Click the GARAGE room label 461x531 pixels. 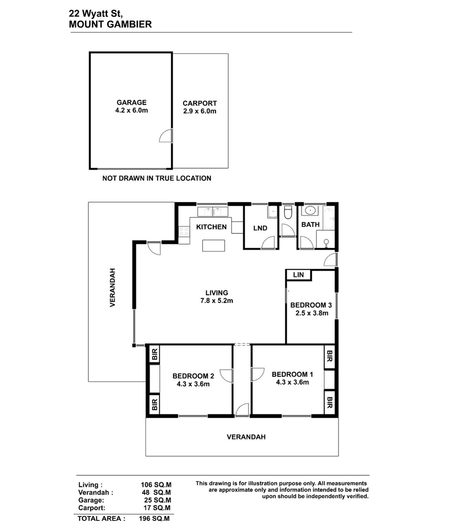[131, 103]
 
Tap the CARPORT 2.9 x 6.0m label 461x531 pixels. [200, 107]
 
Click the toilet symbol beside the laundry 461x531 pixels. [288, 212]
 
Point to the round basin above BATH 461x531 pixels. [310, 211]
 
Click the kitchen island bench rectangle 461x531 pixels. [214, 246]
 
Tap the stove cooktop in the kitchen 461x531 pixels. [184, 231]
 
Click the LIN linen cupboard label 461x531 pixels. [298, 275]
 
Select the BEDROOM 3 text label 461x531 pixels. [311, 305]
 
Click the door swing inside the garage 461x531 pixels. [166, 135]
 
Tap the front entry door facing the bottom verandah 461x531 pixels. [242, 410]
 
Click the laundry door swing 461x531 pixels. [268, 243]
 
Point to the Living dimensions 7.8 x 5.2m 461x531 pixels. [217, 301]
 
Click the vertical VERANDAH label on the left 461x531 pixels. [112, 288]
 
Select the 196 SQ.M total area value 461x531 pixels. [154, 519]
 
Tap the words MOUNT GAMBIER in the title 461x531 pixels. [110, 24]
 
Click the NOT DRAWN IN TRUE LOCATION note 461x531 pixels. [157, 178]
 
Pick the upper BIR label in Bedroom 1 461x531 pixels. [330, 356]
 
